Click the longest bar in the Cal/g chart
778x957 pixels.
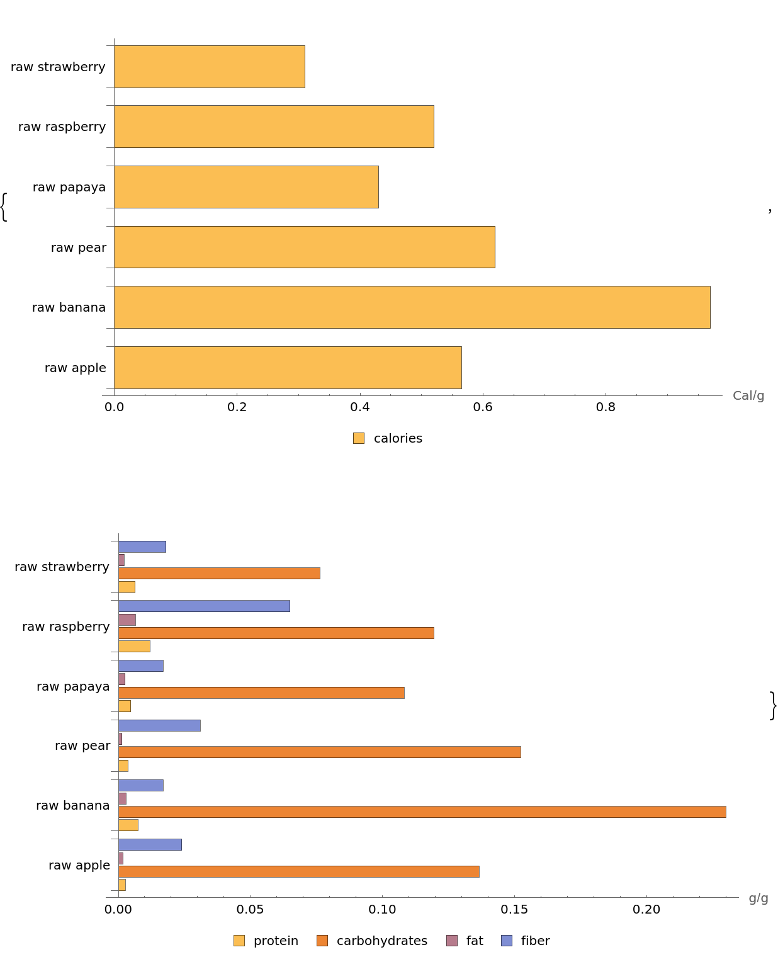(x=412, y=307)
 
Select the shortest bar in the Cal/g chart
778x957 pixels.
(x=209, y=67)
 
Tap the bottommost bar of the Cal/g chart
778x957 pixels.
(x=287, y=368)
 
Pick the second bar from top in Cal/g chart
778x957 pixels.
(x=274, y=127)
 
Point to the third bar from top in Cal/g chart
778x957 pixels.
(x=246, y=187)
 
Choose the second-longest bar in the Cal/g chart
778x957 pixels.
(x=304, y=247)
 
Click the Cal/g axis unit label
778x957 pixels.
(x=748, y=396)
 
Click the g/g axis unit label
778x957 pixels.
(x=758, y=898)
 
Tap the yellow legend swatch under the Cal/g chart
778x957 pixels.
(x=359, y=438)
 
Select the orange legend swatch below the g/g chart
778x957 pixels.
(x=322, y=941)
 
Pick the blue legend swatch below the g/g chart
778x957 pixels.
(x=507, y=941)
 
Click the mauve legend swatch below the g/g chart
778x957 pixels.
(x=452, y=941)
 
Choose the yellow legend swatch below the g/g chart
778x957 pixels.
(x=239, y=941)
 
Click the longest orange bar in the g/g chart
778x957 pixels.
(x=422, y=812)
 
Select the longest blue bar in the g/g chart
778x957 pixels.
(x=204, y=606)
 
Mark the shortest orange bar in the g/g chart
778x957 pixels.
(x=219, y=574)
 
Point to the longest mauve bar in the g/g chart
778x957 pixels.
(x=127, y=620)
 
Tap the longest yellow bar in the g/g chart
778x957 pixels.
(x=134, y=647)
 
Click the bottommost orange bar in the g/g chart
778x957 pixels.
(x=298, y=871)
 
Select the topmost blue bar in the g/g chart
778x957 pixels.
(x=142, y=546)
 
